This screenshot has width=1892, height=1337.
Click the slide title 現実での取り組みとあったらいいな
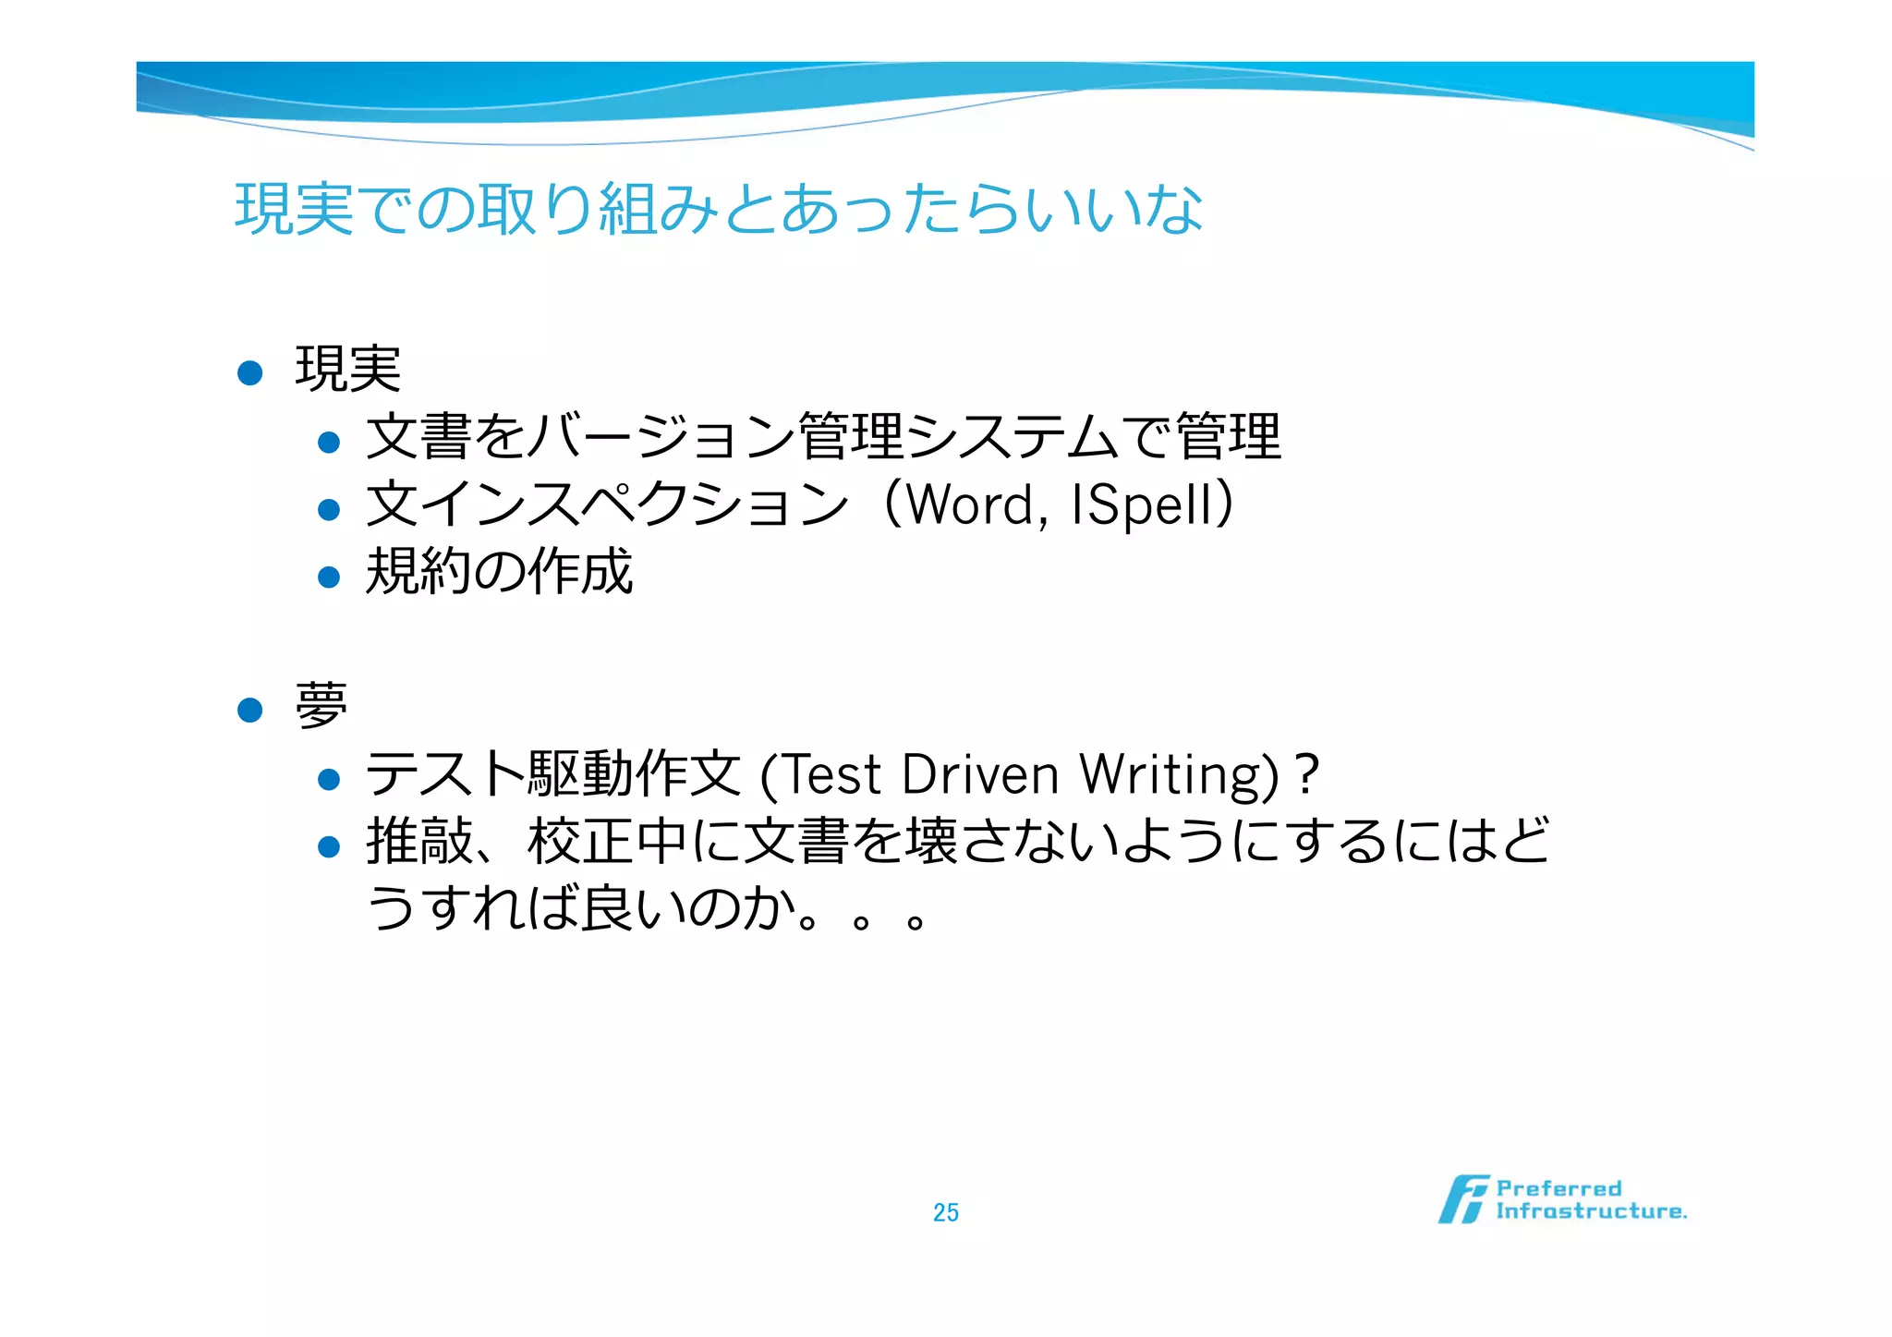pos(719,209)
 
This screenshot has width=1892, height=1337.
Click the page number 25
pos(945,1212)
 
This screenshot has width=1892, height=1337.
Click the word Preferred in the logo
pos(1558,1188)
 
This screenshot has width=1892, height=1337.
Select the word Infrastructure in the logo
pos(1591,1211)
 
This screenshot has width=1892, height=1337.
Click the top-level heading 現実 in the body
pos(347,370)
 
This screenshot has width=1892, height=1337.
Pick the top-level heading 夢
pos(321,707)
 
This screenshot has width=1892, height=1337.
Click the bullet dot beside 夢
pos(250,710)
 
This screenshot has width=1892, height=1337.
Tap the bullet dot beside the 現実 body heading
pos(250,372)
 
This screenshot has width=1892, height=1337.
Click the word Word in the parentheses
pos(971,505)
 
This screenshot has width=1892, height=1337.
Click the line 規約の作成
pos(499,572)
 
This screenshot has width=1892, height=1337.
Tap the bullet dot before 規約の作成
pos(329,577)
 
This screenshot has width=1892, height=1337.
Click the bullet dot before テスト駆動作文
pos(329,779)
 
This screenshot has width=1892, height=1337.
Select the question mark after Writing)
pos(1306,774)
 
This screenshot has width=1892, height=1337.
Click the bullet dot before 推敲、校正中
pos(329,846)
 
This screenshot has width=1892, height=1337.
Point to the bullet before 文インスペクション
pos(329,509)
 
